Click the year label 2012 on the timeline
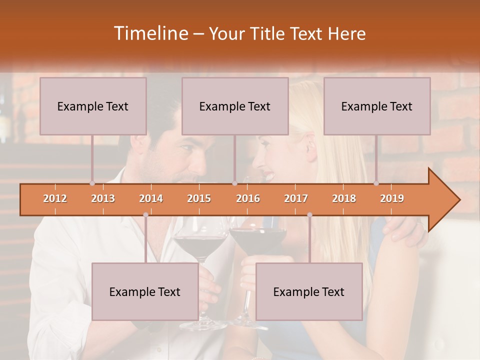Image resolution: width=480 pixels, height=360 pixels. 55,198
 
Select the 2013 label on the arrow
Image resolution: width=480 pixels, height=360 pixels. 103,198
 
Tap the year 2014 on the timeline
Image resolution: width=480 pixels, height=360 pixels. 151,198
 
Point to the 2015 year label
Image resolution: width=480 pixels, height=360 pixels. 199,198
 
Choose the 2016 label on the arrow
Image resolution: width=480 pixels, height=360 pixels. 248,198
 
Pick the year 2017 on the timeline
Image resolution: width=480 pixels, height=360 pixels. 296,198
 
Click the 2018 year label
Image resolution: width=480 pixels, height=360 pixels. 344,198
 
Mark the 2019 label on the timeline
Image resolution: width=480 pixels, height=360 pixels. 392,198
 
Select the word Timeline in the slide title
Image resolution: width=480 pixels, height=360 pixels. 150,33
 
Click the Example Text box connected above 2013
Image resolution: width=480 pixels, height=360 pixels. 93,106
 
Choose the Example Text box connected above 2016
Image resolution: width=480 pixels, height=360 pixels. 235,106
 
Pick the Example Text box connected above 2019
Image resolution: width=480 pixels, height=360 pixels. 377,106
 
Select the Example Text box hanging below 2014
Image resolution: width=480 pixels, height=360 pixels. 145,291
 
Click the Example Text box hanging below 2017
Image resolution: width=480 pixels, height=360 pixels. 309,291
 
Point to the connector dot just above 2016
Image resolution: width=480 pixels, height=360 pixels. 234,183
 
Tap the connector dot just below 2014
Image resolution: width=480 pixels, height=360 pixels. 145,215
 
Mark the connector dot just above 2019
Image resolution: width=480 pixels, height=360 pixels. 376,183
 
